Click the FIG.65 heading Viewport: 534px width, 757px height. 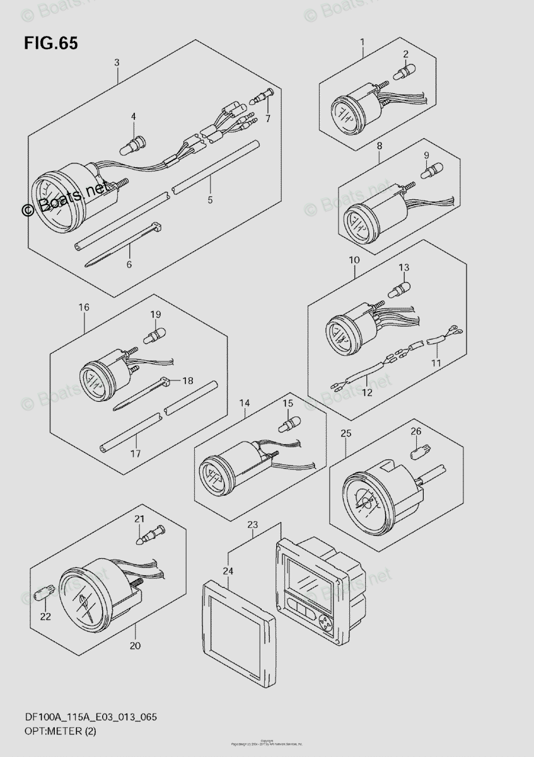pos(51,44)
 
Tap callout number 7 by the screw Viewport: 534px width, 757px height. pos(267,119)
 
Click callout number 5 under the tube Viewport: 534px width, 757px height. pos(210,200)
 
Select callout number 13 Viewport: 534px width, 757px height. pos(403,268)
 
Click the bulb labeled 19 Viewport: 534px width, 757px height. pos(154,334)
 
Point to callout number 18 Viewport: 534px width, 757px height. pos(187,380)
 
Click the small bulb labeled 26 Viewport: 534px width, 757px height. pos(415,452)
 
